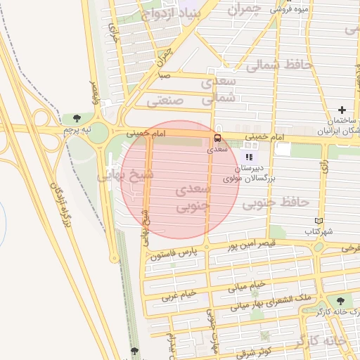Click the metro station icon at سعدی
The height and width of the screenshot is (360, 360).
(217, 138)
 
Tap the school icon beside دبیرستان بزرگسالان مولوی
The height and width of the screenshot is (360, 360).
(249, 157)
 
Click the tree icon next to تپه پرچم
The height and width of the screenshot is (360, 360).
(77, 118)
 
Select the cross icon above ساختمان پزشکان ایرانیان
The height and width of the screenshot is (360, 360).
(342, 110)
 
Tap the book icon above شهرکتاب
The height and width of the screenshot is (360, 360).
(319, 221)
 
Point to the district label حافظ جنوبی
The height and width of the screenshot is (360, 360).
(276, 203)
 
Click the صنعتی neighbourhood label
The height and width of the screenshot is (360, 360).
(165, 100)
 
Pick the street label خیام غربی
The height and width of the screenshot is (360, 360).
(181, 296)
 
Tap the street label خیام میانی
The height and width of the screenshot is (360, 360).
(247, 286)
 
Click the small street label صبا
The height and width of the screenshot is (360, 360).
(165, 75)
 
